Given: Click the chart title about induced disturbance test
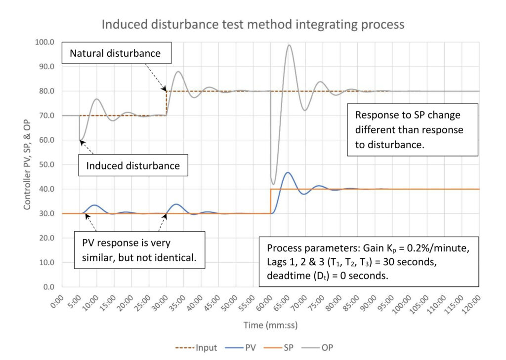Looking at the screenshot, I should (x=253, y=24).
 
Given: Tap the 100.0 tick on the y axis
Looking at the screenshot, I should (x=44, y=42).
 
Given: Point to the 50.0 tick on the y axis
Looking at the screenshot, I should (x=46, y=164).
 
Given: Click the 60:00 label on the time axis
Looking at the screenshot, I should (x=265, y=305).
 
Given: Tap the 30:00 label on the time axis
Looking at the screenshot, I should (x=161, y=305).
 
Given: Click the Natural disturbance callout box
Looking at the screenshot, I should (x=116, y=53).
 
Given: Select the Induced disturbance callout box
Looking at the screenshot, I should (x=133, y=165).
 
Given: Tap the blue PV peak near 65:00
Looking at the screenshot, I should (x=288, y=172).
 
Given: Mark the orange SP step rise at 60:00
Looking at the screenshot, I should (x=270, y=201).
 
